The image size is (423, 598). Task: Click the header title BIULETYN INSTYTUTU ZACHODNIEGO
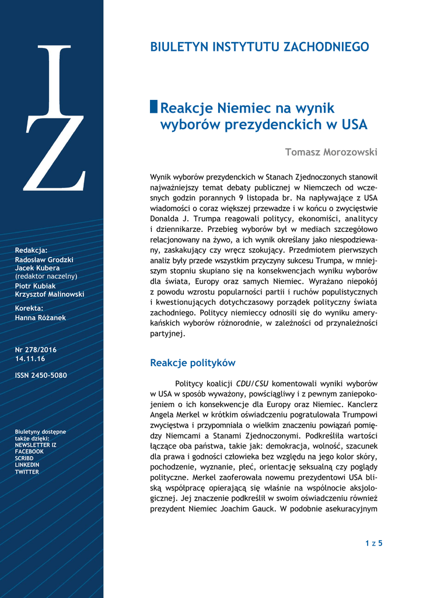click(x=260, y=47)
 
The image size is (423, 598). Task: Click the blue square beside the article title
click(x=154, y=107)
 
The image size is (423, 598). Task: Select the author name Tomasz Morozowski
click(x=331, y=152)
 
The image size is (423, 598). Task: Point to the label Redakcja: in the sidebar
click(x=31, y=251)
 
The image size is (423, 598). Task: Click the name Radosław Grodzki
click(x=44, y=260)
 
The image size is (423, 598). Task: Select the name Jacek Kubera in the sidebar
click(x=37, y=268)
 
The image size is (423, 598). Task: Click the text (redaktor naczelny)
click(x=46, y=276)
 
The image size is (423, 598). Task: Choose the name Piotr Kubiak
click(x=36, y=286)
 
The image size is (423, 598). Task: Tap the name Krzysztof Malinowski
click(x=50, y=294)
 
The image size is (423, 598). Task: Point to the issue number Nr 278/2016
click(x=36, y=350)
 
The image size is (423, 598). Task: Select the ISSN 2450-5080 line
click(x=41, y=376)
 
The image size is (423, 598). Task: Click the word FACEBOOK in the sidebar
click(x=29, y=451)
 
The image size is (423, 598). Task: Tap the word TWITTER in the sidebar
click(x=27, y=472)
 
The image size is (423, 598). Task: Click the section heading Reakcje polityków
click(x=193, y=363)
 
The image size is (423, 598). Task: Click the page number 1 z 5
click(x=373, y=544)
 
